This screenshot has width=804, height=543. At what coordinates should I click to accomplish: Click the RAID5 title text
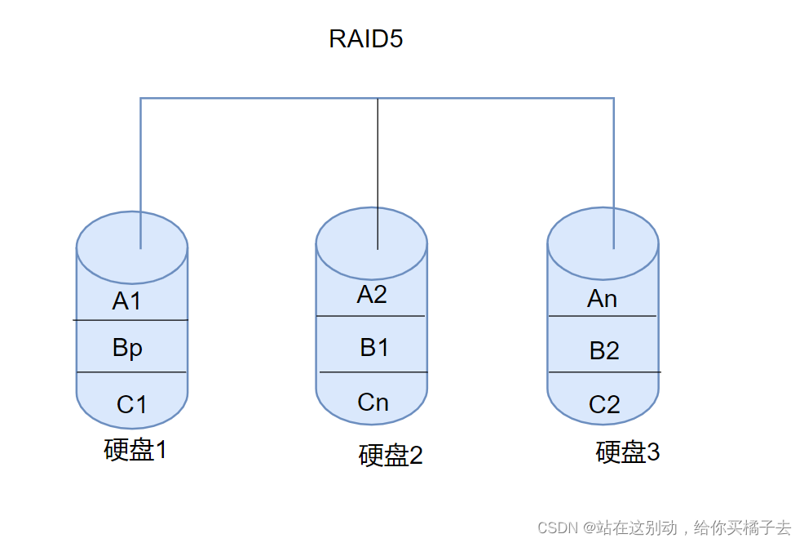click(x=365, y=39)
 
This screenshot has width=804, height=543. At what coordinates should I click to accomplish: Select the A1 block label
click(x=127, y=301)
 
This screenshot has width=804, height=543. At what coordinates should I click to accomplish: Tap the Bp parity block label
click(x=128, y=348)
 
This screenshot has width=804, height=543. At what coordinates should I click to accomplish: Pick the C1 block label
click(x=131, y=403)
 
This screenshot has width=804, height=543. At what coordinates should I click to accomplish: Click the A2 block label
click(x=372, y=295)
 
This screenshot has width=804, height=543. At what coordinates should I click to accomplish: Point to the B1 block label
click(x=374, y=348)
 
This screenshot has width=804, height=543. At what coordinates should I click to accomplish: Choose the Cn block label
click(x=373, y=402)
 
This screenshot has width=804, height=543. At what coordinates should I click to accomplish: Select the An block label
click(x=603, y=299)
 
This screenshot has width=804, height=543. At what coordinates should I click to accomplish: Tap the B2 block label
click(x=604, y=351)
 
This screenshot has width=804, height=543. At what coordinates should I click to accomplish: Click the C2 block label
click(x=604, y=403)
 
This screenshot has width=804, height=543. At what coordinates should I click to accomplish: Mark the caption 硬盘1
click(x=135, y=450)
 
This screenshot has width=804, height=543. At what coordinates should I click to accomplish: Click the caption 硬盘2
click(x=391, y=456)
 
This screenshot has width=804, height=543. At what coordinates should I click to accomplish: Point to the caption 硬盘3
click(x=628, y=452)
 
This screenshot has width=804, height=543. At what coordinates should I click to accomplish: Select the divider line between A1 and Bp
click(x=130, y=320)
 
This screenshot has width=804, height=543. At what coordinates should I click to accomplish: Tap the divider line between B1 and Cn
click(x=373, y=372)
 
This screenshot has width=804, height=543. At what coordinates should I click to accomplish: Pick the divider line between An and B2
click(x=603, y=316)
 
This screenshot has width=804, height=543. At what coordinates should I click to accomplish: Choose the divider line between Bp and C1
click(x=131, y=372)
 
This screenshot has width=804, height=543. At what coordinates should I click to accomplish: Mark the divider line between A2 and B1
click(x=371, y=316)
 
